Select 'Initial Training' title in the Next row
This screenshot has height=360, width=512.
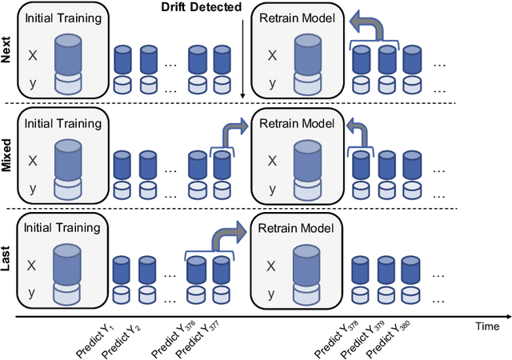click(x=62, y=18)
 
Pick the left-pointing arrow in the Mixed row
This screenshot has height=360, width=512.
click(x=355, y=130)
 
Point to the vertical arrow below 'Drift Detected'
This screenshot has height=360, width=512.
click(x=242, y=56)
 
